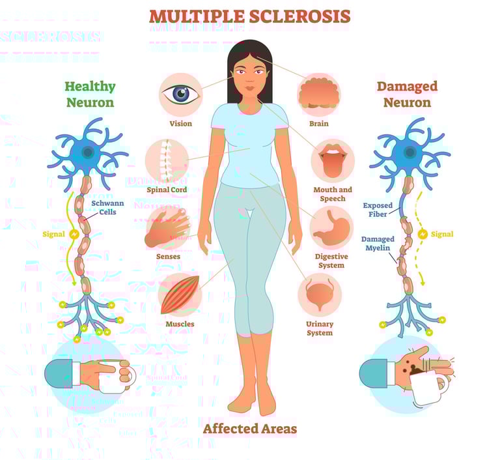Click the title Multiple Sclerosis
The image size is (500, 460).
[x=250, y=16]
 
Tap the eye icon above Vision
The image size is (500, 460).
[x=180, y=95]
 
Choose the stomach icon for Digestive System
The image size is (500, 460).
[x=331, y=227]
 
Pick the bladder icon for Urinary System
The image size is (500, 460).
[x=320, y=294]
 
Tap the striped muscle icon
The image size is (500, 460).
[x=180, y=295]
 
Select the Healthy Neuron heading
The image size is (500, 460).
[x=90, y=94]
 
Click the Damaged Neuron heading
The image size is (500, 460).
[x=407, y=94]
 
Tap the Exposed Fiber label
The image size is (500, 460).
[x=378, y=210]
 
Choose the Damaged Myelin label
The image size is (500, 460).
[x=378, y=244]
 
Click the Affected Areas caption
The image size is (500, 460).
[x=250, y=429]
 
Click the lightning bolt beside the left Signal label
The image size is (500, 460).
[x=74, y=233]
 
